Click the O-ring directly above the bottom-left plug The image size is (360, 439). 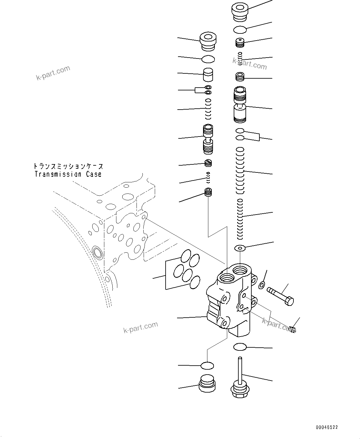[x=207, y=366]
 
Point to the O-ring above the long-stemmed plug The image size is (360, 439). [x=240, y=347]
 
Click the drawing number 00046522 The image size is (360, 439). [x=327, y=427]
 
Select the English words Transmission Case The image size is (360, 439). [x=68, y=174]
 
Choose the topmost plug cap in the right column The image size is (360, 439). [x=240, y=13]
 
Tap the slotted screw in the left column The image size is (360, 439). [x=208, y=162]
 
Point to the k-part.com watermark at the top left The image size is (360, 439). [x=53, y=73]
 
